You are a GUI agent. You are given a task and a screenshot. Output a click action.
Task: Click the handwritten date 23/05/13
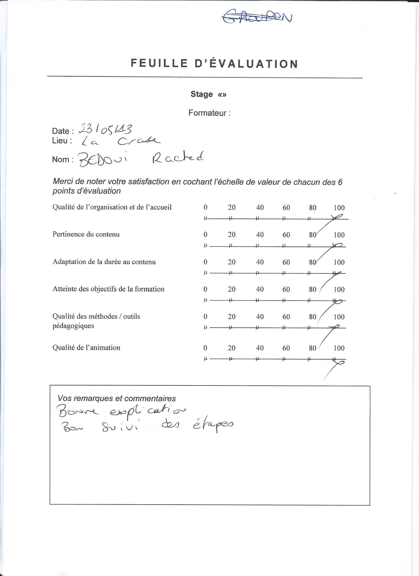[105, 130]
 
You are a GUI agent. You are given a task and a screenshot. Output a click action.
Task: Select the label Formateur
[207, 113]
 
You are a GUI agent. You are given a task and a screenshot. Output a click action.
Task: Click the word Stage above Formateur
[202, 94]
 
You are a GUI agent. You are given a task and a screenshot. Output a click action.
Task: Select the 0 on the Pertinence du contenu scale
[205, 235]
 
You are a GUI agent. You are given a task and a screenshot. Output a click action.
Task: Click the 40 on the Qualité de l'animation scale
[260, 348]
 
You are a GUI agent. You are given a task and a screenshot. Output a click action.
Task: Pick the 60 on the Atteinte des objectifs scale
[286, 289]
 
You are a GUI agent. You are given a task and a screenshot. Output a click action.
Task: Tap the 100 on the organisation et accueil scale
[339, 208]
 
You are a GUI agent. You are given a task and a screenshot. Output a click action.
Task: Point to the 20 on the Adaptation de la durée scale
[231, 262]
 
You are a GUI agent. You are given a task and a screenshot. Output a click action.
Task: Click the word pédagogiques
[73, 326]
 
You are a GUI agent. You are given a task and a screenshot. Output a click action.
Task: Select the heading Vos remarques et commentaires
[117, 398]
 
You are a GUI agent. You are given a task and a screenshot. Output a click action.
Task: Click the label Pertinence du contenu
[86, 234]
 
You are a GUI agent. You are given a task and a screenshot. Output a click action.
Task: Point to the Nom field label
[61, 159]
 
